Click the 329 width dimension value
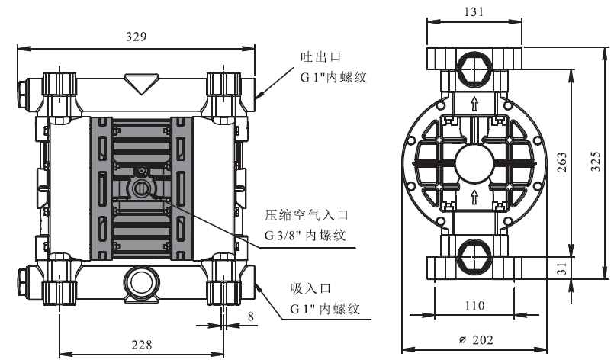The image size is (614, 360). (137, 37)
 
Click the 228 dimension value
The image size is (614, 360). (141, 345)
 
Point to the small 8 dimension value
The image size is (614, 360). (251, 316)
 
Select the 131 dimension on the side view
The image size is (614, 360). (474, 11)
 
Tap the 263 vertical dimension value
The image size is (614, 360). (561, 162)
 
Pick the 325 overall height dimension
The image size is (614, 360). (595, 161)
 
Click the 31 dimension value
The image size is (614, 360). (561, 268)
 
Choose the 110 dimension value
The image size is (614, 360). (474, 305)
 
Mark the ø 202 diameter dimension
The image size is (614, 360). (476, 339)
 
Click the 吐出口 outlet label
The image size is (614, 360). (320, 57)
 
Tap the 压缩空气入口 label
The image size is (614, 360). (306, 215)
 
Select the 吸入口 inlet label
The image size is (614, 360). (311, 289)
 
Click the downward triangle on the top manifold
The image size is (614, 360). (141, 83)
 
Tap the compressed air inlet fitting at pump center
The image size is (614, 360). (140, 189)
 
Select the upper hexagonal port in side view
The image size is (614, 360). (474, 68)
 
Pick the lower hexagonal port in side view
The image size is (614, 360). (474, 257)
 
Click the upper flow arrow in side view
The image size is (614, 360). (474, 104)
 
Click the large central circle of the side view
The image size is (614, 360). (474, 164)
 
